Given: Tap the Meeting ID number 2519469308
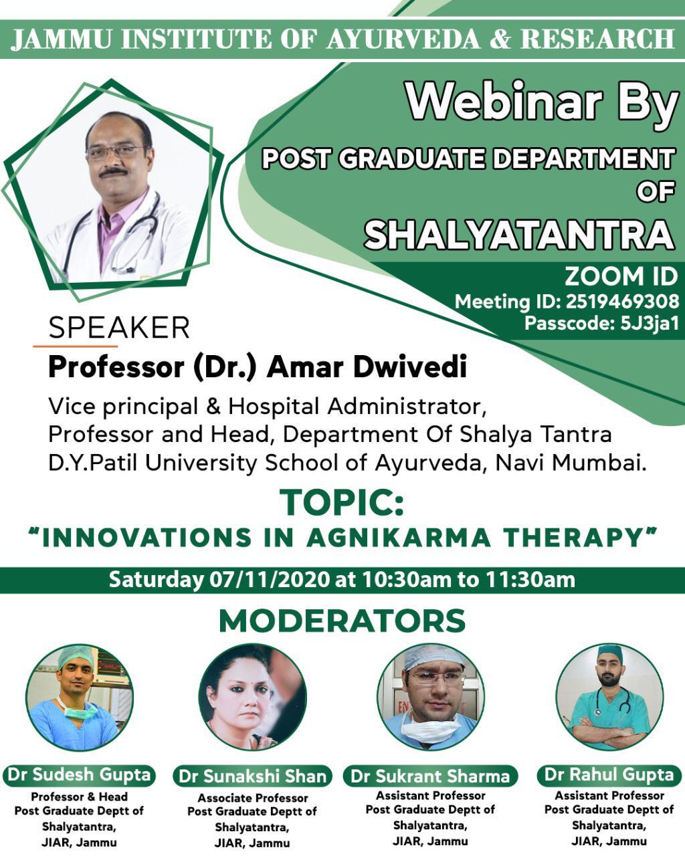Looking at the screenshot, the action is click(x=622, y=302).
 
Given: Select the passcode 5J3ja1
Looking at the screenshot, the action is click(x=649, y=324).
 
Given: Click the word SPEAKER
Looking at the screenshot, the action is click(x=118, y=328).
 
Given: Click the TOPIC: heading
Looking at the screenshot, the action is click(x=342, y=503).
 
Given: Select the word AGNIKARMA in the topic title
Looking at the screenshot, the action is click(x=399, y=538).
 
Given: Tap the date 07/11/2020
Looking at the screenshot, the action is click(x=270, y=580).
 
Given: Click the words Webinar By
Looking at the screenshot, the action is click(x=541, y=103).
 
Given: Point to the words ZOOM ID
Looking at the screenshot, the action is click(x=621, y=276).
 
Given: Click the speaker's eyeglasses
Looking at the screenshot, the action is click(x=115, y=152).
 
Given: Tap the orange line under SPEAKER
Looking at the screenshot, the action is click(x=75, y=346).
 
